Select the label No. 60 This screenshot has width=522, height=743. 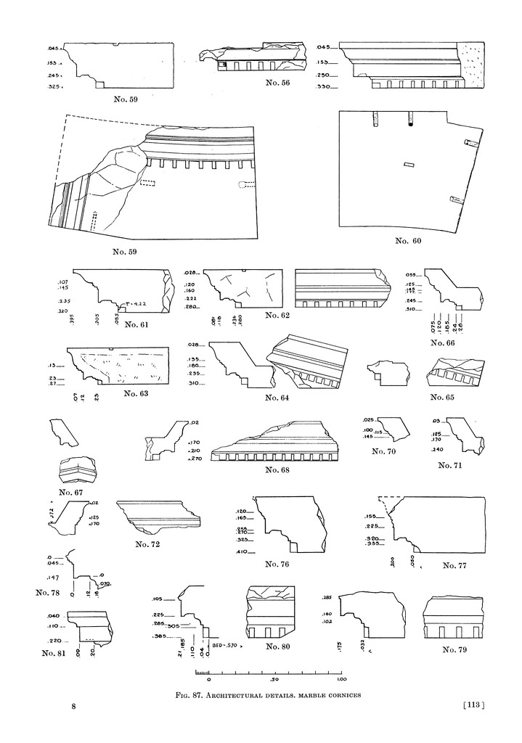409,240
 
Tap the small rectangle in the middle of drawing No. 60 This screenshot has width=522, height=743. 409,164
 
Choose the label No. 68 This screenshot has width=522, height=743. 275,470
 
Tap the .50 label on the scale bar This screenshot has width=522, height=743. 274,681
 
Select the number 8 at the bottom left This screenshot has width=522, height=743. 73,705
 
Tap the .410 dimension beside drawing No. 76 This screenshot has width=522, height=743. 241,552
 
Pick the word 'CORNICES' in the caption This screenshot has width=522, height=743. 340,694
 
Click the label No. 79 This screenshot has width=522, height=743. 459,649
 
